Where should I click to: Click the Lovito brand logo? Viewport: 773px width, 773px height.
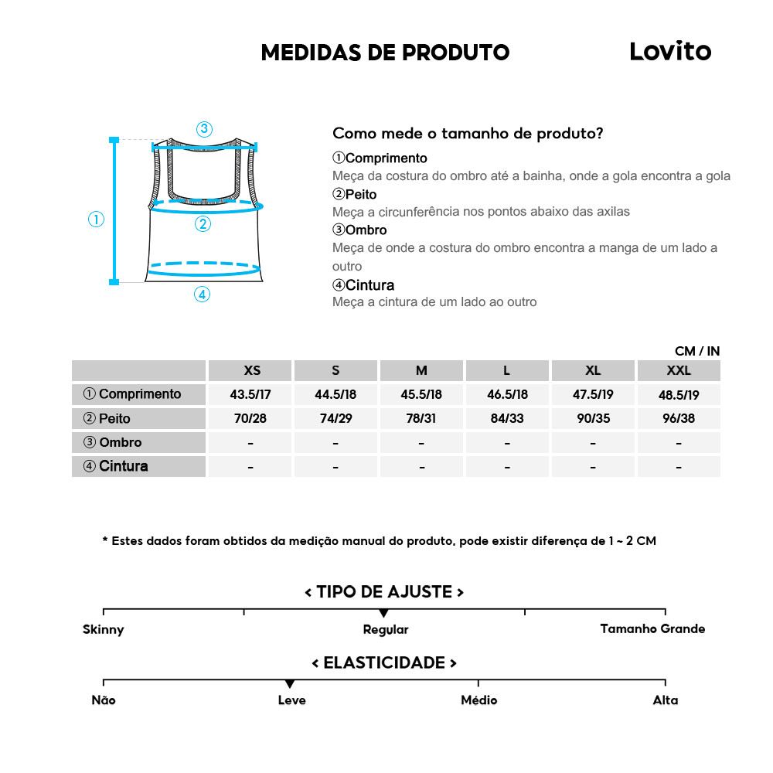coord(669,51)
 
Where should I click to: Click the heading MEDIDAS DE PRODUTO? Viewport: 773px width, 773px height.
coord(385,53)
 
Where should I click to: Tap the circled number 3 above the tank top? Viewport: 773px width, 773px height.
coord(204,129)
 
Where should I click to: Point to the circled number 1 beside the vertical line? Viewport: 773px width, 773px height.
coord(96,220)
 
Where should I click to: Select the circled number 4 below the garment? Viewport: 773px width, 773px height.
coord(202,295)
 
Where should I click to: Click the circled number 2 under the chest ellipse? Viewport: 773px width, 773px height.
coord(203,224)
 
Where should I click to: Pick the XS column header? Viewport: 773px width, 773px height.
coord(251,370)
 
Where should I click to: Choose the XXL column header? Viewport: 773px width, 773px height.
coord(678,370)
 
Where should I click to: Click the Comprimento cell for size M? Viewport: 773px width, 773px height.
coord(421,394)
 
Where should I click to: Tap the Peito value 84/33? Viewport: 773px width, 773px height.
coord(506,418)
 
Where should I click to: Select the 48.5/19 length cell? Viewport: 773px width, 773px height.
coord(678,394)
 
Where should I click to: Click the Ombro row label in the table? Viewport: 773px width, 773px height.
coord(113,442)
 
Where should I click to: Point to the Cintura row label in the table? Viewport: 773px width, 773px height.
coord(115,466)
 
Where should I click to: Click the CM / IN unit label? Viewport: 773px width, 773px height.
coord(696,351)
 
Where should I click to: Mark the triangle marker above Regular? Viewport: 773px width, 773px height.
coord(384,613)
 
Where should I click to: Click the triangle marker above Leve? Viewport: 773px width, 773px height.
coord(289,684)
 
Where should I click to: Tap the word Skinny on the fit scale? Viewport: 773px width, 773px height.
coord(103,629)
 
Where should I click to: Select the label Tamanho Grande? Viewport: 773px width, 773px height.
coord(652,628)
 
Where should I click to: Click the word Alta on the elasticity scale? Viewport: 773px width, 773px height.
coord(665,700)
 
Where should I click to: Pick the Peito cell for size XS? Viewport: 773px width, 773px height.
coord(251,418)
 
